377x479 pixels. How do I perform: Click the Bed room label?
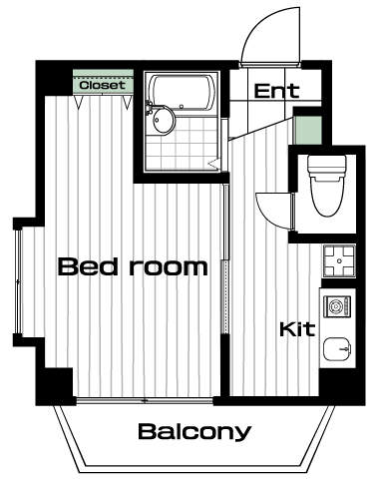click(133, 266)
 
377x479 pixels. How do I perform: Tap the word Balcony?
click(194, 432)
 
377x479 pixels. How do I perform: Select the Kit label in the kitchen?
click(297, 329)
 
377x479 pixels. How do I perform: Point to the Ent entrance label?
click(276, 91)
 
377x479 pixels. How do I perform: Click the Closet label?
click(103, 85)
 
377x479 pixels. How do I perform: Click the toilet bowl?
click(326, 197)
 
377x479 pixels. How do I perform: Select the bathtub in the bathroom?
click(182, 92)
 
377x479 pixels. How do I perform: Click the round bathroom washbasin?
click(163, 121)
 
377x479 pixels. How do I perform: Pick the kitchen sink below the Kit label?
click(337, 350)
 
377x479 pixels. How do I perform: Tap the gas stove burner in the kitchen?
click(339, 261)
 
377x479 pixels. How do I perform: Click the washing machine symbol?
click(337, 306)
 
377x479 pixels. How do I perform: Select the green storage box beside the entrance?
click(309, 130)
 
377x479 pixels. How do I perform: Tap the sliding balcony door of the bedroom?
click(145, 400)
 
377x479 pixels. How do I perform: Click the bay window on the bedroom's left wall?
click(18, 281)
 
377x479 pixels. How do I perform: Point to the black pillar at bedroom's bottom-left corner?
click(55, 386)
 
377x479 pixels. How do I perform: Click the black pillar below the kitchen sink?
click(342, 386)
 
